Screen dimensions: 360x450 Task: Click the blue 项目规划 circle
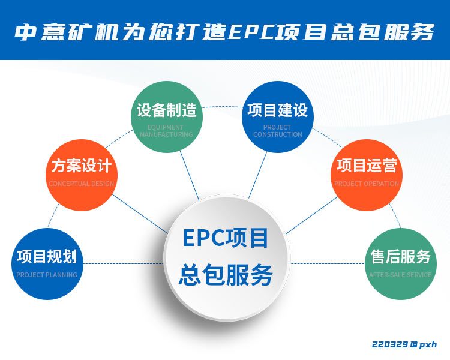47,264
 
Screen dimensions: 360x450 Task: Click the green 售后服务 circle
400,264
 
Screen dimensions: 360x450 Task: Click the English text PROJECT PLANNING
47,275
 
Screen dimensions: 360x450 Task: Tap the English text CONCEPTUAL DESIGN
81,184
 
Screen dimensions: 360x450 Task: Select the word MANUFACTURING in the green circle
166,134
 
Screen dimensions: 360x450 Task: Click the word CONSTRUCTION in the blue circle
277,134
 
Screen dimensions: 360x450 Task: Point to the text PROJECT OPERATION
366,184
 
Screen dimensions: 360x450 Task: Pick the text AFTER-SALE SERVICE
400,275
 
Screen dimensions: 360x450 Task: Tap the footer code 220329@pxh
404,344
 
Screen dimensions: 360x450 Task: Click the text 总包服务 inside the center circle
226,275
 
